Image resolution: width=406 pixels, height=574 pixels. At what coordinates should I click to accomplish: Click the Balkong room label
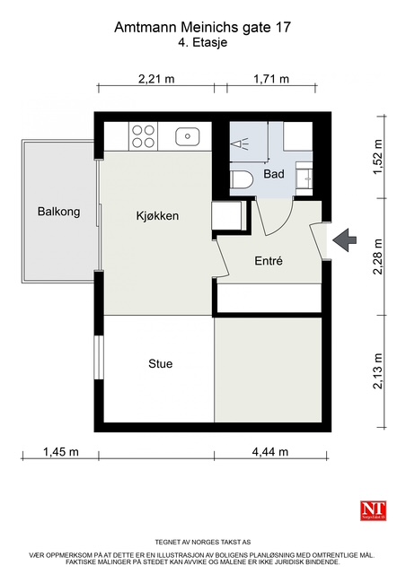[58, 212]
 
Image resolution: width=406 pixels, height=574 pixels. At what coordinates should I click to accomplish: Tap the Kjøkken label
[157, 215]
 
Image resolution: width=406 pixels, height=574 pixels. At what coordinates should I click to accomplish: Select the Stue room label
[160, 363]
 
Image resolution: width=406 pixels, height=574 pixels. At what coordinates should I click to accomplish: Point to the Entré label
[269, 261]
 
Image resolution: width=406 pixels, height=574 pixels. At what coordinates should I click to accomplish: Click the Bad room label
[274, 173]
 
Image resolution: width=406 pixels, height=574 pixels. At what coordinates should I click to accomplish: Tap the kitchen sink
[188, 136]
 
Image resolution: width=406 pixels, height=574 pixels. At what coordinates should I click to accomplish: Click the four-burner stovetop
[143, 136]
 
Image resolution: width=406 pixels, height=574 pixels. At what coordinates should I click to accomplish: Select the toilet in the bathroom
[243, 180]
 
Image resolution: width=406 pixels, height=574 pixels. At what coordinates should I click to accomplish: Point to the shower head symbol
[239, 143]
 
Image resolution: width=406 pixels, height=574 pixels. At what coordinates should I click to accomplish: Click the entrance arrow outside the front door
[344, 239]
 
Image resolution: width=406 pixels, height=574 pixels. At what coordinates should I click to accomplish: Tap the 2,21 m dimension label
[156, 79]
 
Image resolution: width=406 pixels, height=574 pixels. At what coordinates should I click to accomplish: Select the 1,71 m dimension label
[271, 79]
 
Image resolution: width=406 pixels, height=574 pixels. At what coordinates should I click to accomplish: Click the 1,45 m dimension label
[61, 452]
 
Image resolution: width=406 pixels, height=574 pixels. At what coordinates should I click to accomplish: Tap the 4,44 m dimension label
[270, 452]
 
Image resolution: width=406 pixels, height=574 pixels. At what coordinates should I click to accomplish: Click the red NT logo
[374, 510]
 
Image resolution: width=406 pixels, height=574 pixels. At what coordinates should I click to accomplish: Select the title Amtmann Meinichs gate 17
[202, 28]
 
